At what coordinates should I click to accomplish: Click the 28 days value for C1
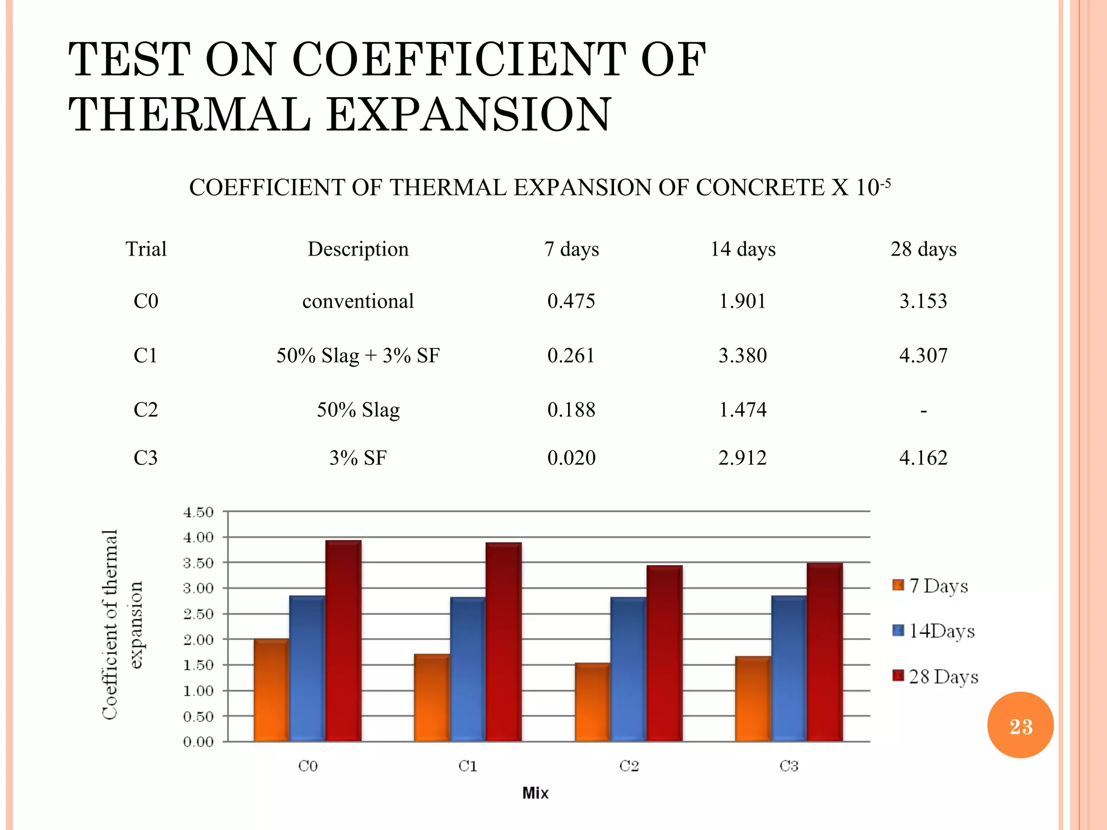point(923,356)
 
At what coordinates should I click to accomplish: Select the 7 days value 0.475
point(571,301)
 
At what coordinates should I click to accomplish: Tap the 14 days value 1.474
point(742,410)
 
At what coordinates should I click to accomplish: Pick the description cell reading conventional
point(358,301)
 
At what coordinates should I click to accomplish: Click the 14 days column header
point(743,249)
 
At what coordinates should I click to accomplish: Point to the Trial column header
point(146,249)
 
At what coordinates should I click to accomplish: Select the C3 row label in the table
point(146,458)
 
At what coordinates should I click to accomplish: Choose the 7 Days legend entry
point(931,586)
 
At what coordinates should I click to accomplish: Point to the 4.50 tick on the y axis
point(198,512)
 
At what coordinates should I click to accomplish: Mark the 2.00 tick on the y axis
point(198,640)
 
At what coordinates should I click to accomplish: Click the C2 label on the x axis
point(629,766)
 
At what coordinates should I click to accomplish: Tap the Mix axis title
point(535,793)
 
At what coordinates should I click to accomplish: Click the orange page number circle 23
point(1020,725)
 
